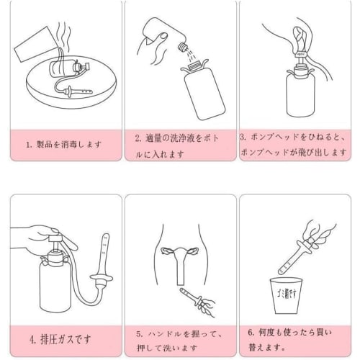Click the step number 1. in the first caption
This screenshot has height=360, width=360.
29,145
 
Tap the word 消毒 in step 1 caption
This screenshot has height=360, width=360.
68,145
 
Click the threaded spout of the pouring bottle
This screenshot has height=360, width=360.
183,47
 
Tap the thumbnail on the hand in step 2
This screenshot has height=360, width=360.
164,36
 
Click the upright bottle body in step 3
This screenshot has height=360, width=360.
300,95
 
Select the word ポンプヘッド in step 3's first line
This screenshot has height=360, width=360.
274,138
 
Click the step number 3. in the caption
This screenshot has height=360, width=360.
243,138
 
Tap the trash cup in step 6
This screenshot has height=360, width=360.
286,296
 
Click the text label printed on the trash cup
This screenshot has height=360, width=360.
286,294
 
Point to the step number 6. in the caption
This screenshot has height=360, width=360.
251,333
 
